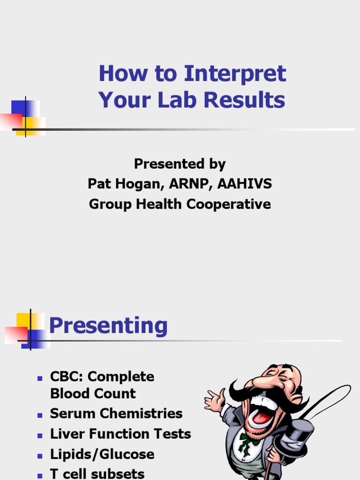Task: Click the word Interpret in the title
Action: tap(235, 75)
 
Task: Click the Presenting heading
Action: tap(108, 325)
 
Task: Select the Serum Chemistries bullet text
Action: tap(116, 413)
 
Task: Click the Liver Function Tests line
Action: tap(120, 434)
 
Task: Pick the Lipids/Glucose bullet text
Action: tap(102, 454)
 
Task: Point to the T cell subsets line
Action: tap(97, 474)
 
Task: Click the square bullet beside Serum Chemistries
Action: tap(40, 414)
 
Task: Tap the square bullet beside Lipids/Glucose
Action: tap(40, 455)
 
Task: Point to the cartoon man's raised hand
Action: tap(214, 399)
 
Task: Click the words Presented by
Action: tap(180, 164)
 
